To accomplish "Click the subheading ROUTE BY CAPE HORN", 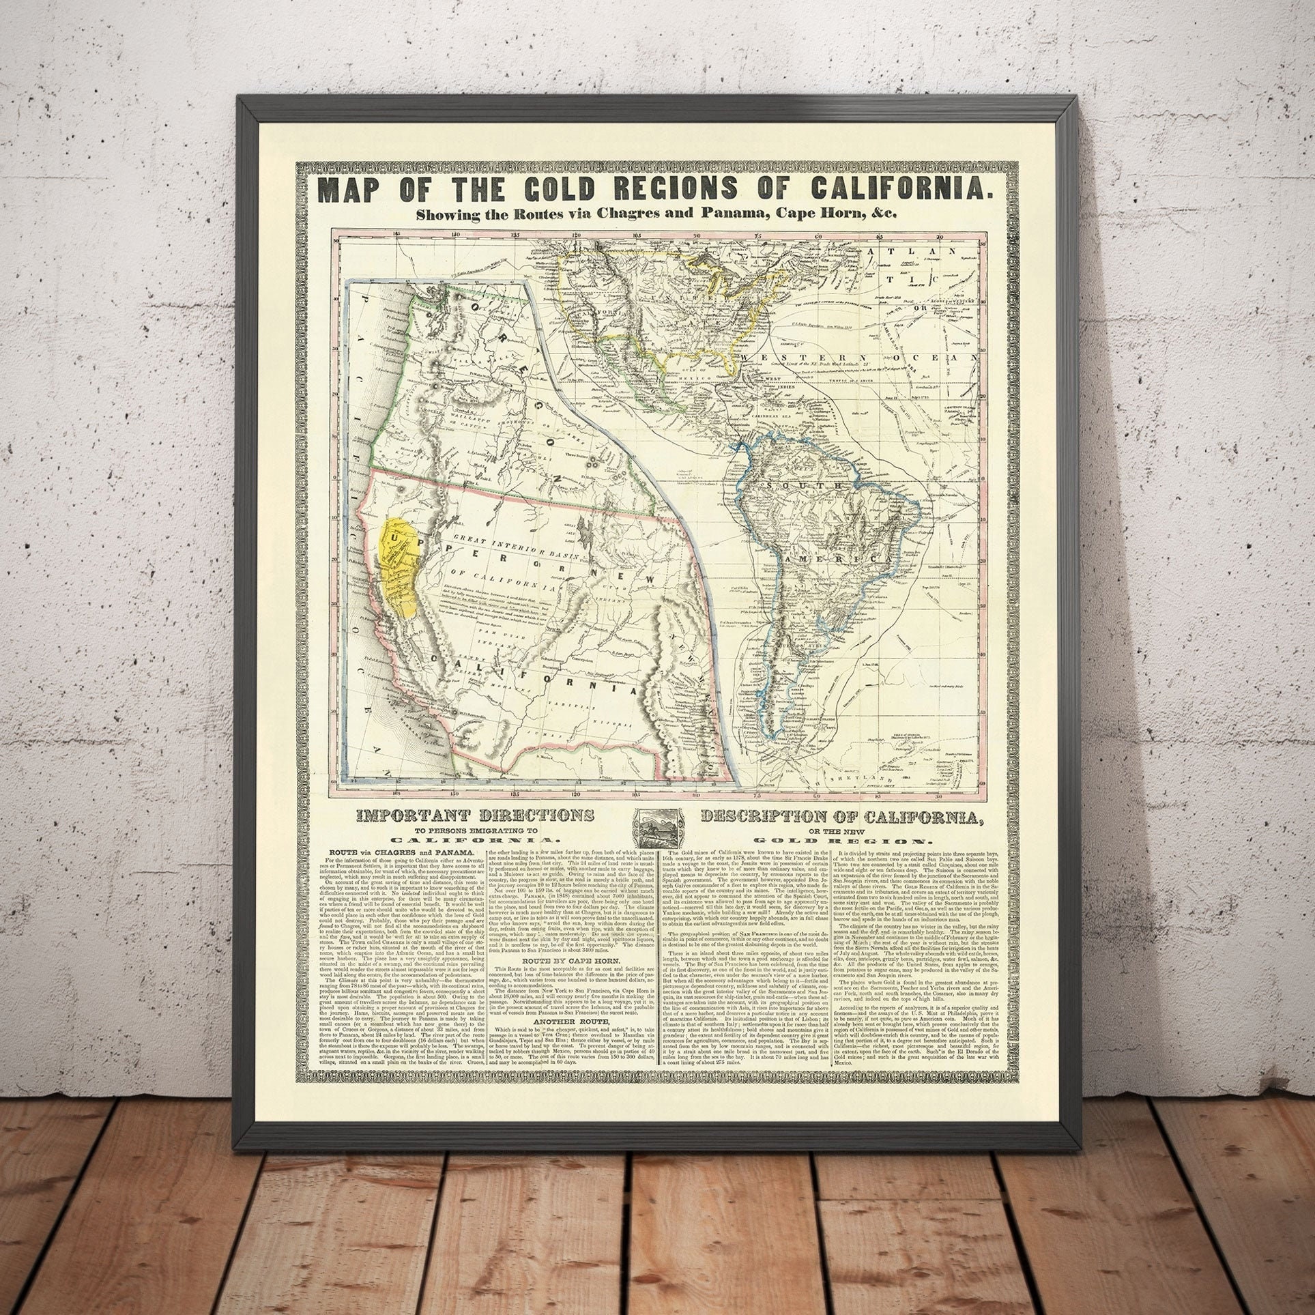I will point(569,969).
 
